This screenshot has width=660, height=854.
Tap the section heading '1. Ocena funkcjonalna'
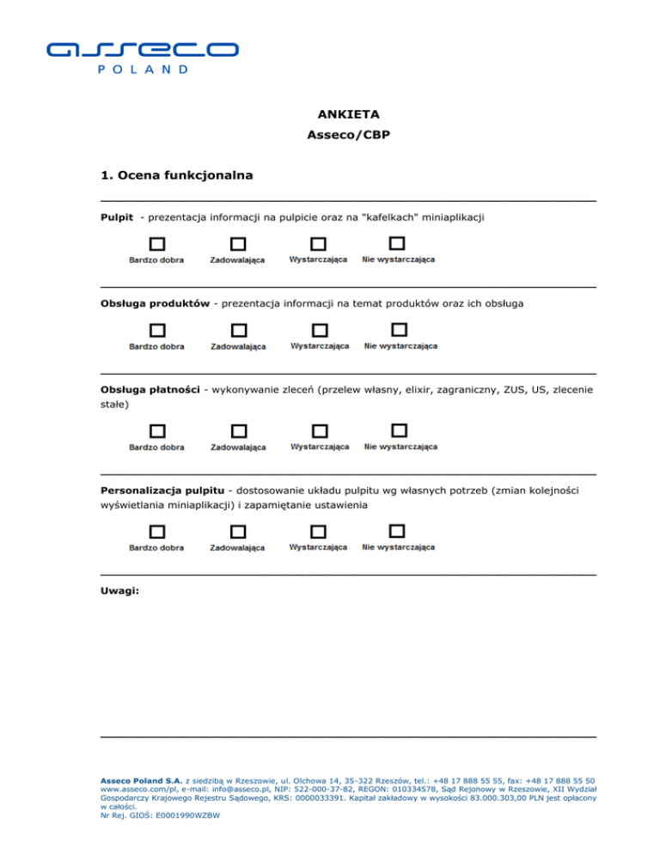coord(176,176)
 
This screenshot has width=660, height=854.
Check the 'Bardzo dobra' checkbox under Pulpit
coord(157,245)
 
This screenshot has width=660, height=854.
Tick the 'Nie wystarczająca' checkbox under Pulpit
coord(397,244)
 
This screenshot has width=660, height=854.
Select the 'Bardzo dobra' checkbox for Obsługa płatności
coord(157,431)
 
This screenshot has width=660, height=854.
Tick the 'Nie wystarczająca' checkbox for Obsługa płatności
coord(399,430)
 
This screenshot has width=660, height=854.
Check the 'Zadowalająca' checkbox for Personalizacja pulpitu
coord(238,532)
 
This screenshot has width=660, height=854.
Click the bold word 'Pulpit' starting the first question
coord(117,218)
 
